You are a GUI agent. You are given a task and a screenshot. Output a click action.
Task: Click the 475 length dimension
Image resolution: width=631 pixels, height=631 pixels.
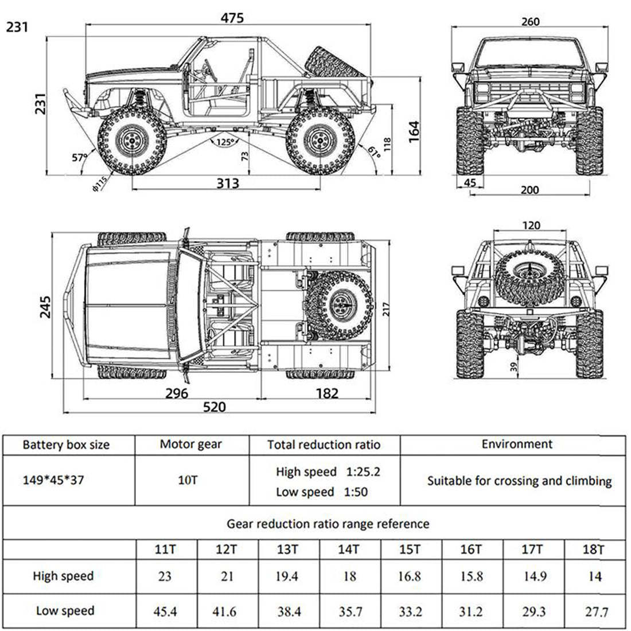[232, 18]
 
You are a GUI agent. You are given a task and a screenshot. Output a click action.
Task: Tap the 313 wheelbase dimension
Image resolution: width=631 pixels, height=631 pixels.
[227, 184]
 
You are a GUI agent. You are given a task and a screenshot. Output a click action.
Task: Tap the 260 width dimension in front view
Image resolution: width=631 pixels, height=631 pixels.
[531, 22]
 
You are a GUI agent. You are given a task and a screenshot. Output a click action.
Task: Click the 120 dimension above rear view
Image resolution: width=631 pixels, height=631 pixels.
[531, 225]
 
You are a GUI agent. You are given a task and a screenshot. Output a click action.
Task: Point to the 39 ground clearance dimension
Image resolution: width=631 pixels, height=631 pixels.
[513, 367]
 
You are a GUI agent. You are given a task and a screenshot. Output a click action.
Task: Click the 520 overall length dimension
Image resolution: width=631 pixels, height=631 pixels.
[215, 407]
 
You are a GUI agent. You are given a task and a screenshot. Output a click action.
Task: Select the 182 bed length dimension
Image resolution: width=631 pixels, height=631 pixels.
[326, 394]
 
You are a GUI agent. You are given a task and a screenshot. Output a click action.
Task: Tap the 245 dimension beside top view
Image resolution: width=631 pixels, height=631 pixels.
[46, 307]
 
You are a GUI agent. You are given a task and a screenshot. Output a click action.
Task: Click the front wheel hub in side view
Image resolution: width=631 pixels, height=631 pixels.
[132, 140]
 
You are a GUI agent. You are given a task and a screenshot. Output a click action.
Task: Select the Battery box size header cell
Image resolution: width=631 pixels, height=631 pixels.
[66, 445]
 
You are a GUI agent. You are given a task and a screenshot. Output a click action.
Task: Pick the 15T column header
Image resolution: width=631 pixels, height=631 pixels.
[410, 550]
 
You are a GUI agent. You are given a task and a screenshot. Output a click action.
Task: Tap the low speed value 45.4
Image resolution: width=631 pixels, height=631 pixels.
[165, 611]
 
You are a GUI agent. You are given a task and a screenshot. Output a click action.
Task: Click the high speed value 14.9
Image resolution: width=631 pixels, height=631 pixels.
[534, 576]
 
